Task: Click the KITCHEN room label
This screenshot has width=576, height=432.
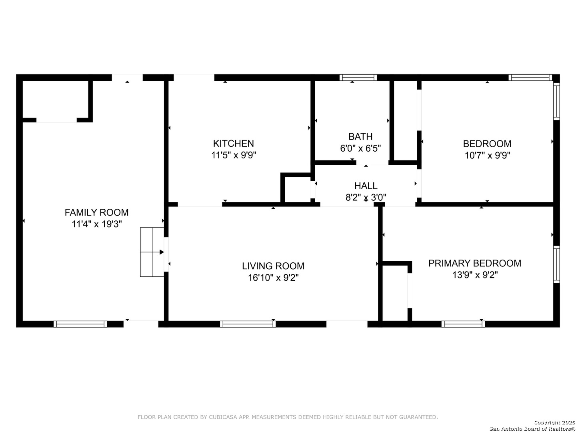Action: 233,144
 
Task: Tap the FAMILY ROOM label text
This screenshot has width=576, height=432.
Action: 96,212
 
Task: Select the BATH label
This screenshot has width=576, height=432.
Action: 360,136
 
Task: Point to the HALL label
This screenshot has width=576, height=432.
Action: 366,186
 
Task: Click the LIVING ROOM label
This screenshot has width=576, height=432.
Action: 273,266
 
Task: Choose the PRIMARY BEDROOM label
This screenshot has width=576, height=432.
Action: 475,263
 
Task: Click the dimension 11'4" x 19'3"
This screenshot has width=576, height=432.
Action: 97,224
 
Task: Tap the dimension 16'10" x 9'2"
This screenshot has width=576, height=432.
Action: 273,278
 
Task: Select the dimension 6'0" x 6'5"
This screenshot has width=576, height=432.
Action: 360,148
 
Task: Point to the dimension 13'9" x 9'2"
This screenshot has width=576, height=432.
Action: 475,275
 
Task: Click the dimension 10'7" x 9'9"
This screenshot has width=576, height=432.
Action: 487,155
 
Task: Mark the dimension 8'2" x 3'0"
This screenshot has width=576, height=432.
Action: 366,197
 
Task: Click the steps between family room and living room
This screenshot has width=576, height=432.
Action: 152,252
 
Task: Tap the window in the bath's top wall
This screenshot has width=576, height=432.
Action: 358,77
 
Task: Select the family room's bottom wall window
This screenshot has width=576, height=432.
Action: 80,324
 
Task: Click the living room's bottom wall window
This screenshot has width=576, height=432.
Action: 248,324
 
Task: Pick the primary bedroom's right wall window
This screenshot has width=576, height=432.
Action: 556,265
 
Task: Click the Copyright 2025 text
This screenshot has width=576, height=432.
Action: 554,422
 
